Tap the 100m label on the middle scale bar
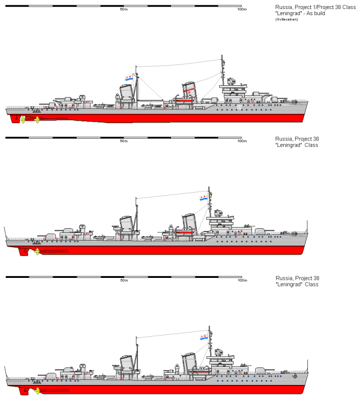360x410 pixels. [242, 141]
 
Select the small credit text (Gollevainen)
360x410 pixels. [287, 19]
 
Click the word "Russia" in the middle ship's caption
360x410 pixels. [283, 139]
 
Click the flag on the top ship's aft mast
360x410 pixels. [128, 78]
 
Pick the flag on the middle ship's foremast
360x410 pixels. [203, 197]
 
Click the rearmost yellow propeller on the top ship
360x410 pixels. [22, 119]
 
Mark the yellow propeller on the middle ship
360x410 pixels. [37, 251]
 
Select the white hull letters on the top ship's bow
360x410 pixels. [239, 108]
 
